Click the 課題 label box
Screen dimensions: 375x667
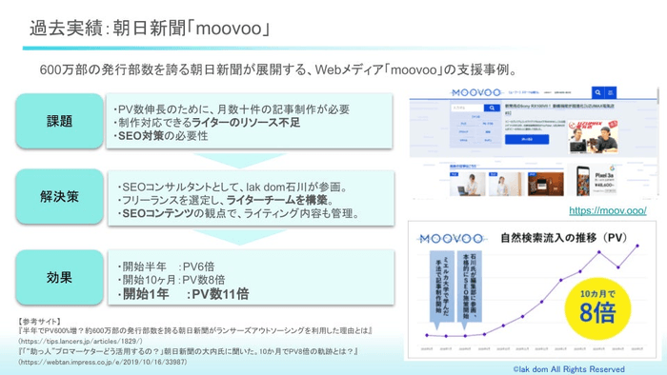(x=59, y=122)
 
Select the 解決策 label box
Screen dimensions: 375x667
(x=59, y=197)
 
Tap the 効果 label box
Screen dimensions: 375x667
(x=59, y=277)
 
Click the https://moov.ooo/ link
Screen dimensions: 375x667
(x=608, y=210)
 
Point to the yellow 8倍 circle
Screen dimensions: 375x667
(x=597, y=305)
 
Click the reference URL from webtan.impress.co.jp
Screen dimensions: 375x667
(x=95, y=363)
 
